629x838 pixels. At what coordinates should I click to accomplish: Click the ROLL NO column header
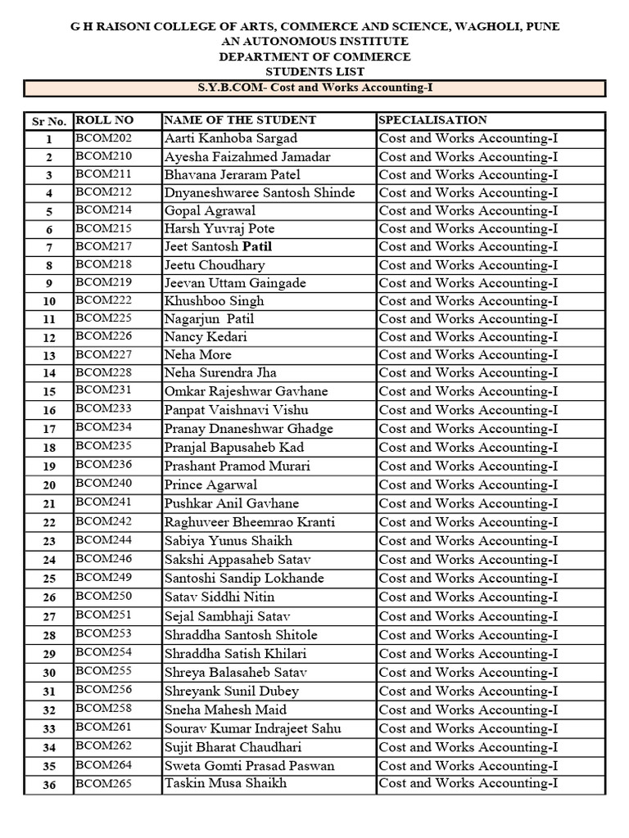(x=104, y=120)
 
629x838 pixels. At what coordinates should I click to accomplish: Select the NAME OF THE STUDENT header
(x=239, y=120)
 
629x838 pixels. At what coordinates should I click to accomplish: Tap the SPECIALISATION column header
(x=432, y=120)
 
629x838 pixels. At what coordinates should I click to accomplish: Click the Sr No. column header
(x=48, y=121)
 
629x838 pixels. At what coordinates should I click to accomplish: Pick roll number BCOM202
(x=104, y=138)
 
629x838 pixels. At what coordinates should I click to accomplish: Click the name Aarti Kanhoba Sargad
(x=230, y=138)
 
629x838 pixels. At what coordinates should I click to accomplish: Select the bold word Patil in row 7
(x=256, y=246)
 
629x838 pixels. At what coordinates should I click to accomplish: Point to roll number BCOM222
(x=104, y=300)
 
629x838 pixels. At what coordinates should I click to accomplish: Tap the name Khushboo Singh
(x=214, y=300)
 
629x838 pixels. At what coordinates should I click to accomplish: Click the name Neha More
(x=197, y=354)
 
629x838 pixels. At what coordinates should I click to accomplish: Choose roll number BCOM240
(x=104, y=484)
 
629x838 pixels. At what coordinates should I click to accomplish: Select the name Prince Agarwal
(x=210, y=484)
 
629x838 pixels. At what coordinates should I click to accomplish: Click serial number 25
(x=49, y=579)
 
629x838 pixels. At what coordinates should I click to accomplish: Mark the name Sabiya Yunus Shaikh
(x=228, y=540)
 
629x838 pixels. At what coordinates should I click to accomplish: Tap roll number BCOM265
(x=104, y=783)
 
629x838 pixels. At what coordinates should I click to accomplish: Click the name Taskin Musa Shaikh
(x=225, y=783)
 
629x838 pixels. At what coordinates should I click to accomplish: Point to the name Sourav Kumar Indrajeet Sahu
(x=252, y=728)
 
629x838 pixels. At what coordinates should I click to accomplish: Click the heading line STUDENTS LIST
(x=314, y=71)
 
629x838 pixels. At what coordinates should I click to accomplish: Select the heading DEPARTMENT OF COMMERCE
(x=314, y=56)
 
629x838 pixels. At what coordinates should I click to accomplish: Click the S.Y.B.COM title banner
(x=314, y=88)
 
